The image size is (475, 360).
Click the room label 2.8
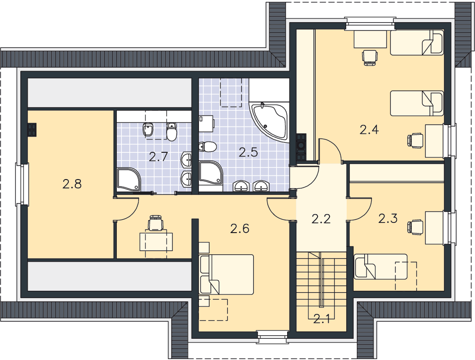pyautogui.click(x=72, y=184)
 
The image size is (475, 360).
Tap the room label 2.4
pyautogui.click(x=369, y=130)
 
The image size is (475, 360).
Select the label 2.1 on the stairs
pyautogui.click(x=321, y=319)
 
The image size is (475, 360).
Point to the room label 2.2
pyautogui.click(x=321, y=219)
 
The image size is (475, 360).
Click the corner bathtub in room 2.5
pyautogui.click(x=269, y=122)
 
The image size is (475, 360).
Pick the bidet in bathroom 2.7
pyautogui.click(x=148, y=130)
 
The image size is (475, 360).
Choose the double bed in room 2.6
pyautogui.click(x=226, y=274)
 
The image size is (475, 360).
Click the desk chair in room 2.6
pyautogui.click(x=156, y=223)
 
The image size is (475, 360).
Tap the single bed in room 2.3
pyautogui.click(x=381, y=266)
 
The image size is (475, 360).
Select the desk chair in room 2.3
pyautogui.click(x=415, y=227)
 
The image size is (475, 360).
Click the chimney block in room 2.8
pyautogui.click(x=31, y=130)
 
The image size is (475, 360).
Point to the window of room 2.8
pyautogui.click(x=22, y=184)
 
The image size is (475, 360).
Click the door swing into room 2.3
pyautogui.click(x=360, y=210)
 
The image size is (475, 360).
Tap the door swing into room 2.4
pyautogui.click(x=331, y=150)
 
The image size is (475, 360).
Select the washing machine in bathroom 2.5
pyautogui.click(x=207, y=124)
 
